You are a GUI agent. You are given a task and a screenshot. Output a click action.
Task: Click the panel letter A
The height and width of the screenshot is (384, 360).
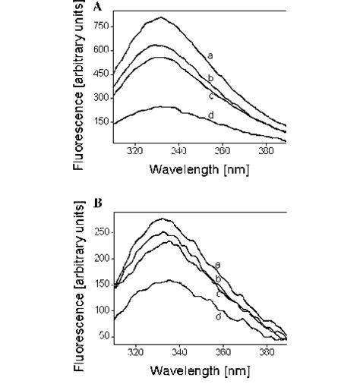(118, 5)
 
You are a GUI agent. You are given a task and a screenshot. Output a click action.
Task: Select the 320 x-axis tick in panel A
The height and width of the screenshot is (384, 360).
(136, 151)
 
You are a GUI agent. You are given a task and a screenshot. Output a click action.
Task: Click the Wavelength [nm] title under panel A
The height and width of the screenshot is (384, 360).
(200, 168)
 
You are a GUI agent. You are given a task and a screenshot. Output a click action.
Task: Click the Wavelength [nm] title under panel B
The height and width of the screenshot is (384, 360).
(200, 371)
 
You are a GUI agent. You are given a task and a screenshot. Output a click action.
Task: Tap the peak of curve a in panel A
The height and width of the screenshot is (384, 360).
(159, 17)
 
